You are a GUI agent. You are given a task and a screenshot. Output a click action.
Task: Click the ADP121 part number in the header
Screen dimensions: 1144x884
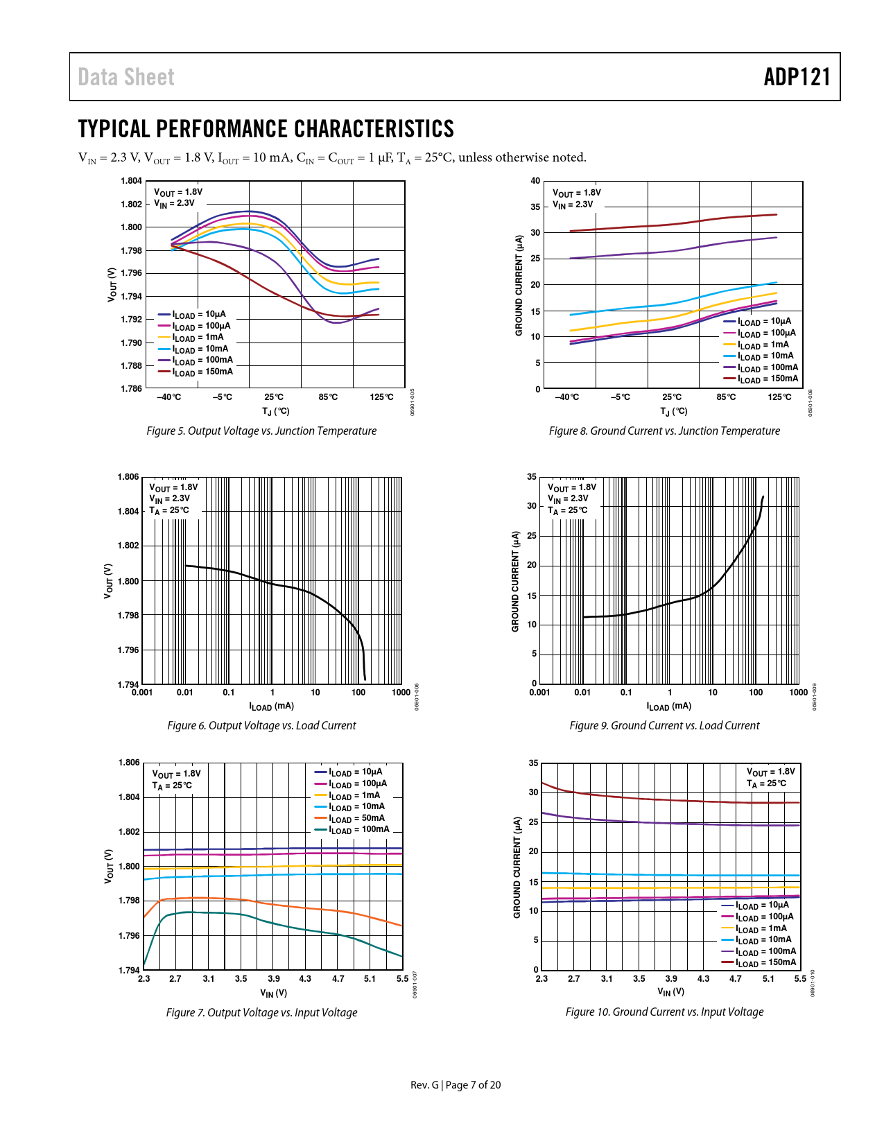click(797, 77)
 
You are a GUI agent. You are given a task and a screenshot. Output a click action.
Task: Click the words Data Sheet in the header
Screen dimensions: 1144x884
click(126, 77)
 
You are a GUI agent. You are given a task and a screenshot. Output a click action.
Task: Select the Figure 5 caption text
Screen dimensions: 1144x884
click(261, 431)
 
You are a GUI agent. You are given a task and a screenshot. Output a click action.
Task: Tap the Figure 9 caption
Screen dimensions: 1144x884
click(664, 725)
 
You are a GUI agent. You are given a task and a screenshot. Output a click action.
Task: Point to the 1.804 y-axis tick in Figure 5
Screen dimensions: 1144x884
click(131, 181)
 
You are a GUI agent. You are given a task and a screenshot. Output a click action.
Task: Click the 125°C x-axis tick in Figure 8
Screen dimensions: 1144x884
click(779, 397)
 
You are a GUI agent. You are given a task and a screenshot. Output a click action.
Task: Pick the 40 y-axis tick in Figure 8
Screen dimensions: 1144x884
click(535, 181)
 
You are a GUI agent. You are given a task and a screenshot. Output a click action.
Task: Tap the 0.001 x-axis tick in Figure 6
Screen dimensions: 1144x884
click(142, 692)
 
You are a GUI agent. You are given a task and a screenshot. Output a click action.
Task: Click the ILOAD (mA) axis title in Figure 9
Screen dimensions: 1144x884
click(668, 707)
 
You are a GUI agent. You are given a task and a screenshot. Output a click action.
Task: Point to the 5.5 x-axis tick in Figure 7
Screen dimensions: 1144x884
click(402, 979)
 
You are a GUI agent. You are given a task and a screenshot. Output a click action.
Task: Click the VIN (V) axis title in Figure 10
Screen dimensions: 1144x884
click(670, 991)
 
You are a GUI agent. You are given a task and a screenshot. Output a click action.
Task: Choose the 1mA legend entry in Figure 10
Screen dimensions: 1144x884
click(761, 928)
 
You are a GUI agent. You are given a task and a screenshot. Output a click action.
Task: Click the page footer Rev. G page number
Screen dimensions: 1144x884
click(456, 1085)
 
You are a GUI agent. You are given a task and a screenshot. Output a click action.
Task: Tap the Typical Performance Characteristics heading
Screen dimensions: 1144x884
click(266, 129)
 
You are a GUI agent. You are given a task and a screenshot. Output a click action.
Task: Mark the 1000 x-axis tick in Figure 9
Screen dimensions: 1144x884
click(799, 692)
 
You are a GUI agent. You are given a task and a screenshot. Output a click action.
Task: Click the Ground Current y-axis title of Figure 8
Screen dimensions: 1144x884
click(519, 285)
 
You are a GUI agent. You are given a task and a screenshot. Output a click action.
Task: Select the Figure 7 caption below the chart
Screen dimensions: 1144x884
click(261, 1012)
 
